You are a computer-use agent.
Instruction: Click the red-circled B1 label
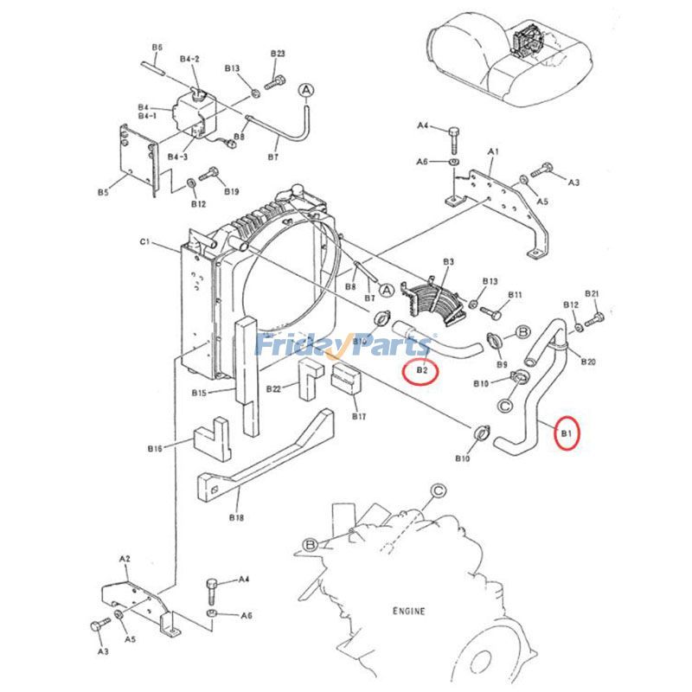(x=567, y=432)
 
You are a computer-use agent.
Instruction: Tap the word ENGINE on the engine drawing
(x=408, y=612)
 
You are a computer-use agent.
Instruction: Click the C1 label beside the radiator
(x=145, y=243)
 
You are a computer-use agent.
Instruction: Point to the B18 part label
(x=236, y=517)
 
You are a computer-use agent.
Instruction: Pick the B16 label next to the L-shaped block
(x=156, y=448)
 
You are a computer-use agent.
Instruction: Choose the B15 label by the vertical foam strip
(x=198, y=394)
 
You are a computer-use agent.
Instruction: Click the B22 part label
(x=273, y=388)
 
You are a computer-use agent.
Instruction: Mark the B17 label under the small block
(x=358, y=416)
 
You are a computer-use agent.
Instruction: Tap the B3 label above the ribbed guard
(x=448, y=260)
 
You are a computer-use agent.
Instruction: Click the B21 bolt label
(x=592, y=294)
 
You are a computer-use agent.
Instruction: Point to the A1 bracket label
(x=494, y=151)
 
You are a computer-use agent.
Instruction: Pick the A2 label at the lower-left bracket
(x=124, y=560)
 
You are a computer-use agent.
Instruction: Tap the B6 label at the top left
(x=157, y=47)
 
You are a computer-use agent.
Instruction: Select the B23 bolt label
(x=277, y=54)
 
